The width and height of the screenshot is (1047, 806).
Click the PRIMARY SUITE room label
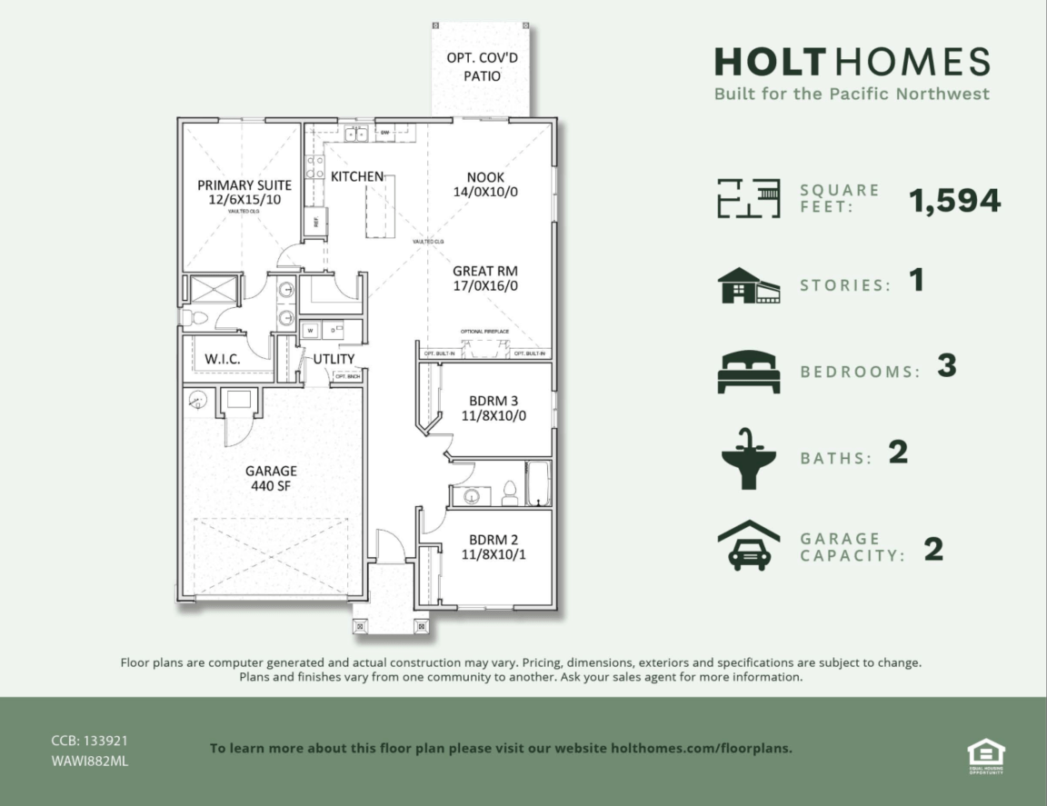tap(244, 192)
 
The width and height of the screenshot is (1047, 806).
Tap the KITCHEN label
tap(356, 175)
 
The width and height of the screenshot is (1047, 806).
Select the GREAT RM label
tap(485, 278)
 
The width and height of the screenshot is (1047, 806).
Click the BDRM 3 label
tap(494, 408)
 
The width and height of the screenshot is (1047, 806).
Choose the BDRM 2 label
tap(494, 545)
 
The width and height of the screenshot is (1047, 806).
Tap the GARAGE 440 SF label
tap(271, 478)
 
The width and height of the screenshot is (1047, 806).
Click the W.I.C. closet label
tap(222, 359)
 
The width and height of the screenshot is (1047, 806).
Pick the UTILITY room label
tap(334, 359)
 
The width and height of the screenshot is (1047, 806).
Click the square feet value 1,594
tap(955, 201)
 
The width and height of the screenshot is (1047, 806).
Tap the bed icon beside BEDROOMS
tap(749, 372)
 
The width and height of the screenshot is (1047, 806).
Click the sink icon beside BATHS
tap(748, 458)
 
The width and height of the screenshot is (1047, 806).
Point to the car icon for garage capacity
tap(749, 545)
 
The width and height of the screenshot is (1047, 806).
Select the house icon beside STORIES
tap(749, 285)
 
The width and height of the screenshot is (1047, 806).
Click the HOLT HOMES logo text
tap(852, 62)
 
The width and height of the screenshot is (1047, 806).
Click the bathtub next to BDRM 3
tap(538, 483)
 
